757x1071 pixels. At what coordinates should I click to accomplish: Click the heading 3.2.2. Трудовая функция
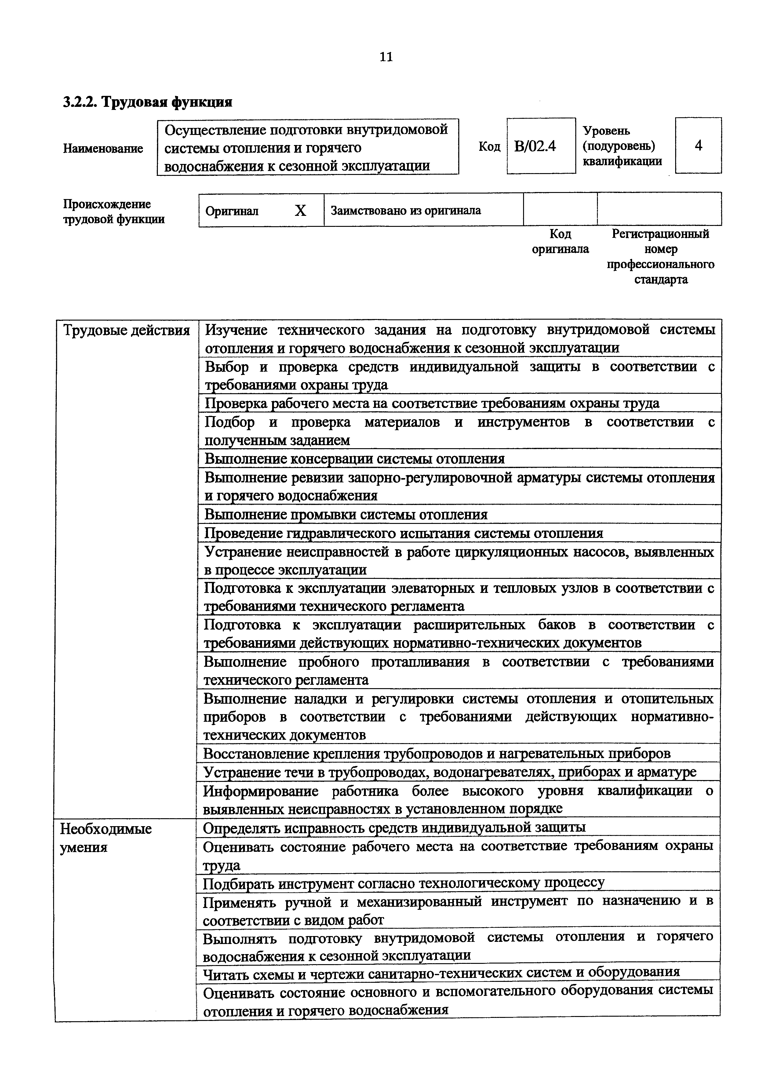(x=147, y=101)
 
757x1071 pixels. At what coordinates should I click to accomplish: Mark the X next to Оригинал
(x=301, y=211)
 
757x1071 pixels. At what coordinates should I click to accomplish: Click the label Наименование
(x=103, y=148)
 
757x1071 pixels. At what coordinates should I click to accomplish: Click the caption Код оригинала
(x=560, y=241)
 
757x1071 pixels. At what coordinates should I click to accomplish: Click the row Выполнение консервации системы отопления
(x=355, y=459)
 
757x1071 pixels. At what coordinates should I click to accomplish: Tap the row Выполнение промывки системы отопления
(x=346, y=514)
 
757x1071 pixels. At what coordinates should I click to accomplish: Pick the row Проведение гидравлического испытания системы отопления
(x=404, y=533)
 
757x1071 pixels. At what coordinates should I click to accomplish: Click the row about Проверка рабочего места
(x=432, y=403)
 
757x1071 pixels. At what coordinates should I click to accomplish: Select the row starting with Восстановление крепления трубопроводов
(x=437, y=753)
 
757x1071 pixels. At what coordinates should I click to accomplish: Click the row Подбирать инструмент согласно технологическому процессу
(x=404, y=883)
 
